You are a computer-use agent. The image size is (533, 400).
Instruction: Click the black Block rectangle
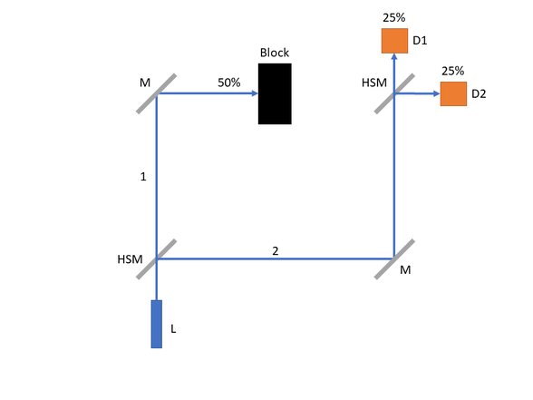(x=275, y=94)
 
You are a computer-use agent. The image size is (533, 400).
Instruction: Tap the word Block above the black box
(x=275, y=53)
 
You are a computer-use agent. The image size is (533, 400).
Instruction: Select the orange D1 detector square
(x=394, y=41)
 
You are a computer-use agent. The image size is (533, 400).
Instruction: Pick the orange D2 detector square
(x=453, y=94)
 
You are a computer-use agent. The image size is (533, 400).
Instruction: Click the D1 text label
(x=420, y=41)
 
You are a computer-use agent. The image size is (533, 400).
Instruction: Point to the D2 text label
(x=479, y=94)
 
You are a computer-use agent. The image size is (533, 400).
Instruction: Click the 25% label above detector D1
(x=394, y=18)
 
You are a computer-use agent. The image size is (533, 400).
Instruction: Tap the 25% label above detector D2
(x=453, y=71)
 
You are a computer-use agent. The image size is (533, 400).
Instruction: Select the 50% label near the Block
(x=229, y=83)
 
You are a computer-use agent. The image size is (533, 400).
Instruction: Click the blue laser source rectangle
(x=156, y=324)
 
